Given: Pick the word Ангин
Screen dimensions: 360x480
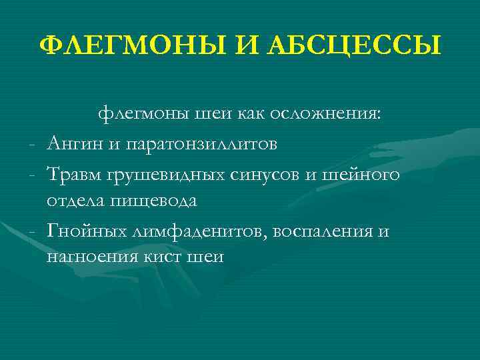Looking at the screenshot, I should click(73, 143).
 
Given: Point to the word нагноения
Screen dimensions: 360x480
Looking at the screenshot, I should click(91, 257).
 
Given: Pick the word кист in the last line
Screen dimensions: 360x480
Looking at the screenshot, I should click(162, 257).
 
